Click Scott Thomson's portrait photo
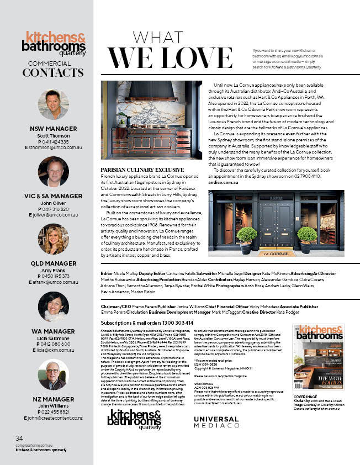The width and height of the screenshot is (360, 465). [x=54, y=105]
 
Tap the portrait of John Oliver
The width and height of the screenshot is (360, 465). [x=54, y=172]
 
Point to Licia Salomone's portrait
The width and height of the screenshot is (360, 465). [x=54, y=306]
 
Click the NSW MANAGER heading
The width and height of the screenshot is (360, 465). [x=54, y=129]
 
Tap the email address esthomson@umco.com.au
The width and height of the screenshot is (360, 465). [x=54, y=148]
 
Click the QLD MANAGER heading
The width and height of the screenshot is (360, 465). [x=54, y=263]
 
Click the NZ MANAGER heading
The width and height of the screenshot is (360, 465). [x=54, y=399]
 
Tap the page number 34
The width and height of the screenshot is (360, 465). [x=19, y=438]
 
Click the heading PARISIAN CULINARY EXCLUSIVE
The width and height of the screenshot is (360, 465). [x=142, y=169]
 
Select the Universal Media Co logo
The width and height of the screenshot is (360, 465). [x=216, y=406]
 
